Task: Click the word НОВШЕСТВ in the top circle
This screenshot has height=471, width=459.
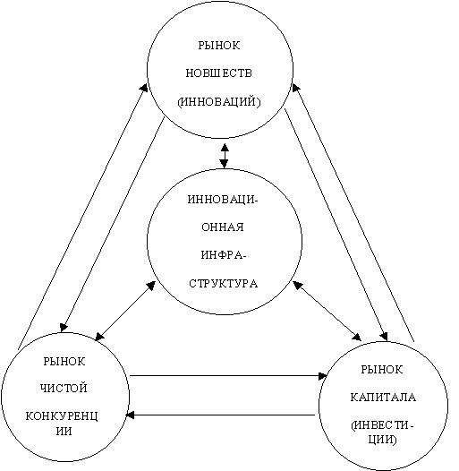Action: (x=218, y=73)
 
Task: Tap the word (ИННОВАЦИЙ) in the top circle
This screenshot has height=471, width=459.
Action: (x=219, y=102)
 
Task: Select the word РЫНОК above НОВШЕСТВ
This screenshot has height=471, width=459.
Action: (x=219, y=46)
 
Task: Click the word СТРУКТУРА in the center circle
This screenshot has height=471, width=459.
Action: (x=224, y=284)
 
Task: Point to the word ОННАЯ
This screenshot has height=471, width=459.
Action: (x=223, y=227)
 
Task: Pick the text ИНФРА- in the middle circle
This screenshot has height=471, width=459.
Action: (x=224, y=255)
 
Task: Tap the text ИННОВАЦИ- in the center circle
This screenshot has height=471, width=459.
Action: (x=223, y=200)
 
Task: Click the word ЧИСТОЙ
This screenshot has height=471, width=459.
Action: (x=64, y=388)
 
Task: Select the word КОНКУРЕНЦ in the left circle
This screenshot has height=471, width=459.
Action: (x=62, y=416)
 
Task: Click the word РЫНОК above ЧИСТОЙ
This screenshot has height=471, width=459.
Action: (x=64, y=361)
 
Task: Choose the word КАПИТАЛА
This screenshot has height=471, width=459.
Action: (x=383, y=397)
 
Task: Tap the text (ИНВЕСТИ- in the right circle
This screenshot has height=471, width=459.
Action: (x=382, y=425)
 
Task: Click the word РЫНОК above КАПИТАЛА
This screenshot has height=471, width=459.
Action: (x=382, y=369)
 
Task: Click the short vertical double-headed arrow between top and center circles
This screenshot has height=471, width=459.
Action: (x=225, y=156)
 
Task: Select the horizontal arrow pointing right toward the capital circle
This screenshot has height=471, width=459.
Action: (x=228, y=375)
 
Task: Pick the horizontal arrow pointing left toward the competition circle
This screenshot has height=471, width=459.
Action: (x=220, y=415)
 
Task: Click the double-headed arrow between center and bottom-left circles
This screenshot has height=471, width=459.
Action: (x=125, y=311)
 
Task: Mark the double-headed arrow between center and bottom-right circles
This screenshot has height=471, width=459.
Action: (x=327, y=311)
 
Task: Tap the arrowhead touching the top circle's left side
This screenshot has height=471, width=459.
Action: (x=144, y=88)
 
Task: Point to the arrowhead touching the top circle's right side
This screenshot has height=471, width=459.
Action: (x=295, y=88)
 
